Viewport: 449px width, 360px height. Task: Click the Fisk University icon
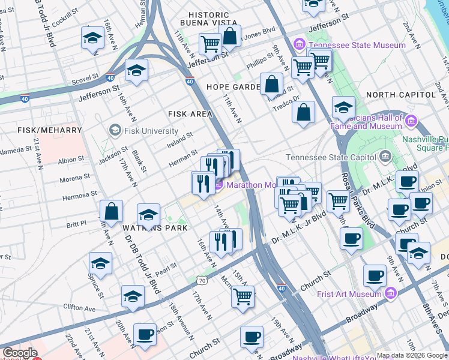pos(114,130)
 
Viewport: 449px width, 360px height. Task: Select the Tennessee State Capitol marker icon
pos(386,157)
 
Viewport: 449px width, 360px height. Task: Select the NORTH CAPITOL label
pos(400,95)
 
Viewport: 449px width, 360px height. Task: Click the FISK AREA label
pos(190,113)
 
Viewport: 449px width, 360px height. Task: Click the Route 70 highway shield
pos(201,280)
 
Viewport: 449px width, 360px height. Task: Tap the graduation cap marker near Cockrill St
pos(92,38)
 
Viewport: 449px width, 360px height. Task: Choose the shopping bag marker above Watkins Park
pos(112,212)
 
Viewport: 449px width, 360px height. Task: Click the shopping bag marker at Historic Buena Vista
pos(229,35)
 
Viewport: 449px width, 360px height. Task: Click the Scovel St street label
pos(84,77)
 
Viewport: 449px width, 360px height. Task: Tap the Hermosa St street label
pos(82,196)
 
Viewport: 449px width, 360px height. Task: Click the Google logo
pos(20,353)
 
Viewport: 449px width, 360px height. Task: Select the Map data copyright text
pos(412,355)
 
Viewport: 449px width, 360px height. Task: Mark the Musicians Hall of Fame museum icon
pos(411,122)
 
